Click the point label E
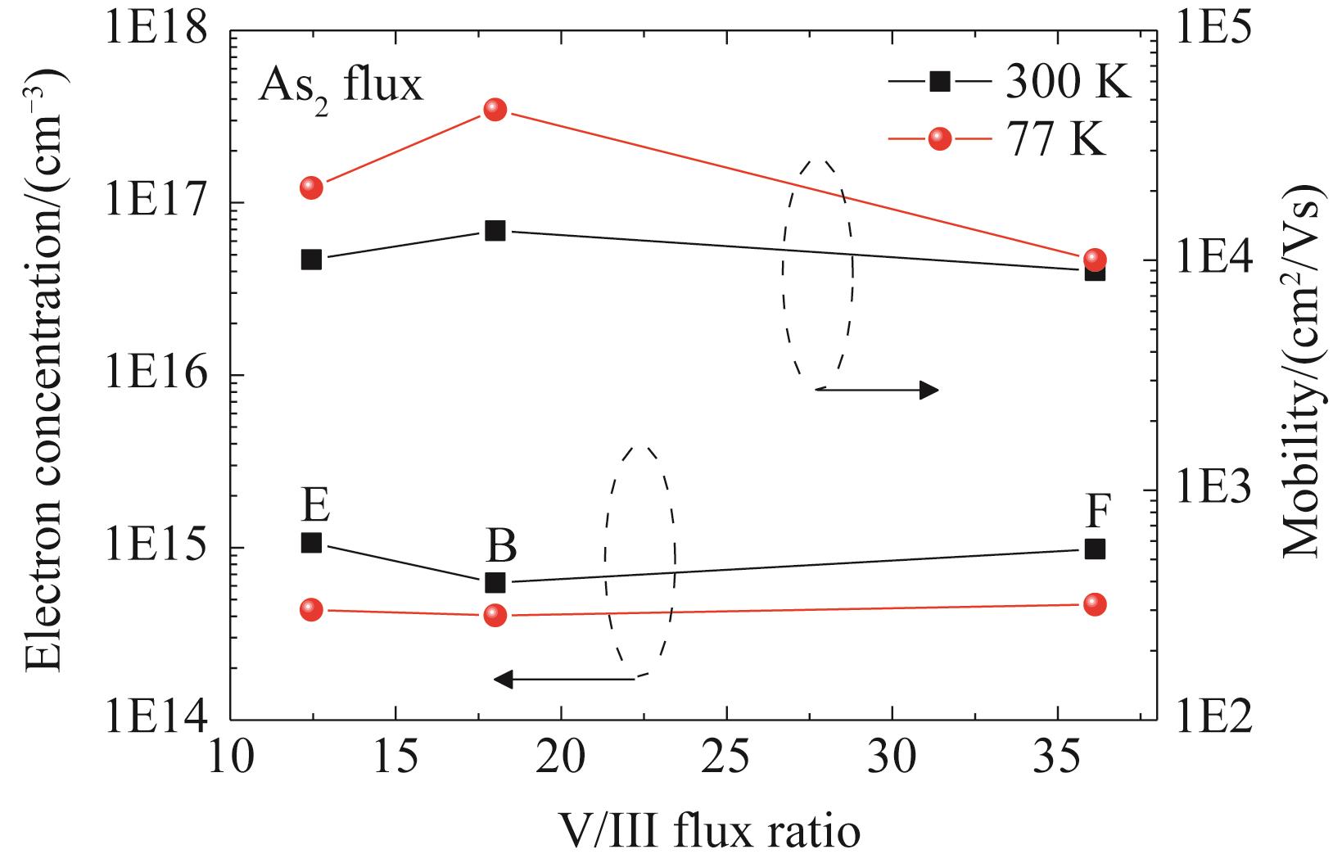[315, 505]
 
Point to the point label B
[502, 544]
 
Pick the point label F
[1098, 513]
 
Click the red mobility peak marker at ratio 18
[495, 110]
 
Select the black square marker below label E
[311, 543]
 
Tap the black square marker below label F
[1095, 549]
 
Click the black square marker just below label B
[495, 583]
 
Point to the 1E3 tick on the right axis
[1212, 490]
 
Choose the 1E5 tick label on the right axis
[1212, 31]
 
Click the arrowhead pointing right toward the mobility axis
[929, 390]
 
